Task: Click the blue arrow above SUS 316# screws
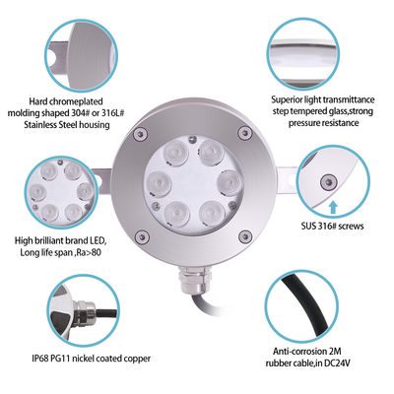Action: point(336,206)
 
